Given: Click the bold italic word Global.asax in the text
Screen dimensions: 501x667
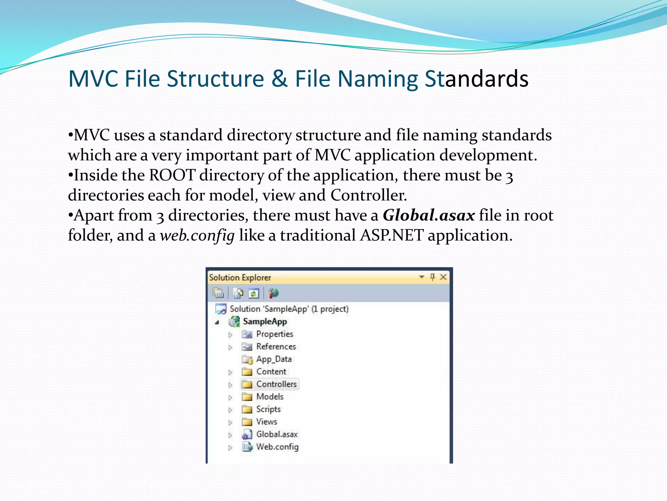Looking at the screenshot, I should (x=429, y=216).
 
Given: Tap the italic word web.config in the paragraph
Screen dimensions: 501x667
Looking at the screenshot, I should (x=197, y=235).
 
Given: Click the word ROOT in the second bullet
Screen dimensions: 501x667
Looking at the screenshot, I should (x=172, y=175).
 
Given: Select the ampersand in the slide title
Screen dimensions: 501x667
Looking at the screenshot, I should (x=279, y=79).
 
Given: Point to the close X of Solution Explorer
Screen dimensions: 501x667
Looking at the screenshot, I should (x=443, y=277).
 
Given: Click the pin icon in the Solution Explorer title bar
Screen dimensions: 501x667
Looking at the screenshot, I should (x=432, y=277).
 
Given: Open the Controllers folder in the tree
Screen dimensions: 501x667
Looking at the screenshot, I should (x=276, y=384).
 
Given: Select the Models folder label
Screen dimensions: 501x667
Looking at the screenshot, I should (x=270, y=397).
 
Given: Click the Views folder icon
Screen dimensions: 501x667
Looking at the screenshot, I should (x=247, y=422).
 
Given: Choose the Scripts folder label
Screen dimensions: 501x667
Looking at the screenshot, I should (x=268, y=409).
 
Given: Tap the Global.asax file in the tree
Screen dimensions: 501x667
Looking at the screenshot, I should (x=277, y=434).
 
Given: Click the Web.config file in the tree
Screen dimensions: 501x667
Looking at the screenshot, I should (x=277, y=447).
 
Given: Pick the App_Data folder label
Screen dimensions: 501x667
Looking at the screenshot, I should (x=274, y=359).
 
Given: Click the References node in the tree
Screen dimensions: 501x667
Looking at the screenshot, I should (x=276, y=347).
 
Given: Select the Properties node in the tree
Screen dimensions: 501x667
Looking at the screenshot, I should (x=275, y=334).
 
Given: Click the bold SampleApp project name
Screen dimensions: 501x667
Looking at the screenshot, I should (x=265, y=322).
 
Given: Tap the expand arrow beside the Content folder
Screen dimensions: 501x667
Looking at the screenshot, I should (x=230, y=372).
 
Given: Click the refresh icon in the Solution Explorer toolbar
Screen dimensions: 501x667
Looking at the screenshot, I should (x=253, y=294).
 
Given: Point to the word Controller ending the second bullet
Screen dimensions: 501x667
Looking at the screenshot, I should (x=368, y=195).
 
